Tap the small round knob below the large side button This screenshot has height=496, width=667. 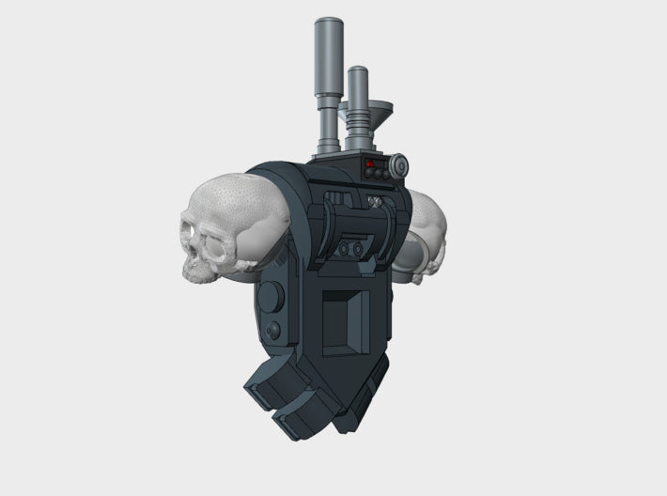(273, 331)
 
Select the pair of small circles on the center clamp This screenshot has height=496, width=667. (353, 250)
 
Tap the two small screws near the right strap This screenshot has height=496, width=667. (377, 201)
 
